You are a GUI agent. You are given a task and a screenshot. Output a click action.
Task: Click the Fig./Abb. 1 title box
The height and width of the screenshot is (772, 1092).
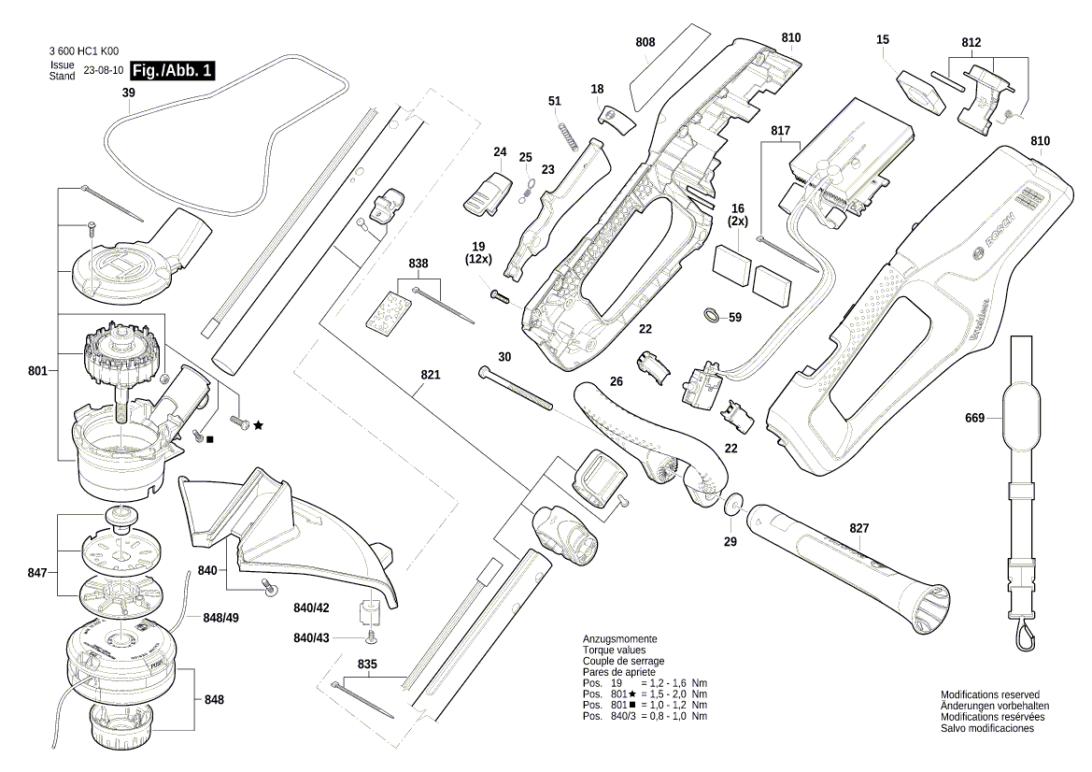tap(173, 71)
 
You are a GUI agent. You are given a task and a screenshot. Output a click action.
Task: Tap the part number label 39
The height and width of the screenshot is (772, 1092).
tap(129, 93)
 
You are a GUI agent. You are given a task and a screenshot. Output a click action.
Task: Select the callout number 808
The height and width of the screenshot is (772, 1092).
tap(645, 43)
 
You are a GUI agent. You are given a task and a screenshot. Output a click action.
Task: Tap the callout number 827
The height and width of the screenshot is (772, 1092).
tap(858, 529)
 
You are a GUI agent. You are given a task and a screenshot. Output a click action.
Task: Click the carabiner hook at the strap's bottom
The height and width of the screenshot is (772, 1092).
tap(1025, 637)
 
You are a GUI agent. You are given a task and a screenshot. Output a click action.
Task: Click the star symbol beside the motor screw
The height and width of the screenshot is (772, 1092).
tap(258, 425)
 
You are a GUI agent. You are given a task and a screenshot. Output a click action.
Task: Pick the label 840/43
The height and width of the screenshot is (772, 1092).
tap(311, 637)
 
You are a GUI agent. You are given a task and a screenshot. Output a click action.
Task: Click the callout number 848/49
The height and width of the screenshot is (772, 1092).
tap(220, 618)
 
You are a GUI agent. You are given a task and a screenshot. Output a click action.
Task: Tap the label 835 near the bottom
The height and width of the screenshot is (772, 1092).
tap(367, 665)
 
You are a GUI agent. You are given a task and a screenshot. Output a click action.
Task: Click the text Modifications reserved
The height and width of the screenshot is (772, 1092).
tap(989, 695)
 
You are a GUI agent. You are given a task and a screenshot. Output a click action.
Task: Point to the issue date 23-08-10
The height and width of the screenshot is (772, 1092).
tap(103, 71)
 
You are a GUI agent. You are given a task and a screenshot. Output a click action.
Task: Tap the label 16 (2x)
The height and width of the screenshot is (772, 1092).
tap(738, 215)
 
